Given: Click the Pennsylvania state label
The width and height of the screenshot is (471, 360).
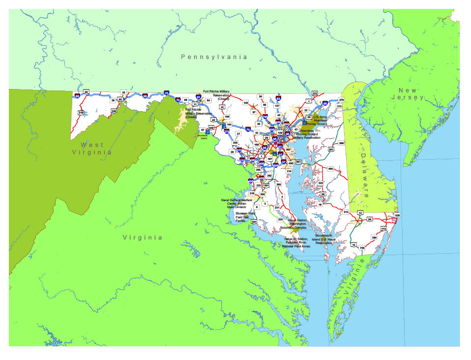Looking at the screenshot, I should (x=214, y=57).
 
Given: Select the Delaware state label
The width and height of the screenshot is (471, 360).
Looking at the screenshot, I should (x=366, y=167).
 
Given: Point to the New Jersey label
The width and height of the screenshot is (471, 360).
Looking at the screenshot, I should (x=411, y=94).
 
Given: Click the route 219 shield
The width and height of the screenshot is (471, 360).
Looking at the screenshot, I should (x=81, y=113).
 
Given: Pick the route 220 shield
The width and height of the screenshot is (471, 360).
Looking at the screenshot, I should (x=114, y=111).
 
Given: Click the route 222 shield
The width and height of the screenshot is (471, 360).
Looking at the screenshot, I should (x=315, y=93).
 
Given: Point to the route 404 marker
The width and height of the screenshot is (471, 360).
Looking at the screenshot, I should (x=330, y=169).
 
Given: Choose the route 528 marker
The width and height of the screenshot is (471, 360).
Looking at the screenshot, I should (x=397, y=215).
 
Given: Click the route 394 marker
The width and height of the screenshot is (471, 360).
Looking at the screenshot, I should (x=374, y=238).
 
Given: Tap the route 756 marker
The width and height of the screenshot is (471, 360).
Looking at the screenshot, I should (x=362, y=248).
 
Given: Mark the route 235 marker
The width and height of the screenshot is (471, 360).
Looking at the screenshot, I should (x=280, y=219).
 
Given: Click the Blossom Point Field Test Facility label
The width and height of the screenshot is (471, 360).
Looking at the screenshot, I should (x=242, y=217).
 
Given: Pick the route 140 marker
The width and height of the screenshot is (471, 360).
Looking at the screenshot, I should (x=246, y=103).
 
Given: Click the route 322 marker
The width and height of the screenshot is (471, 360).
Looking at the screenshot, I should (x=321, y=183).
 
